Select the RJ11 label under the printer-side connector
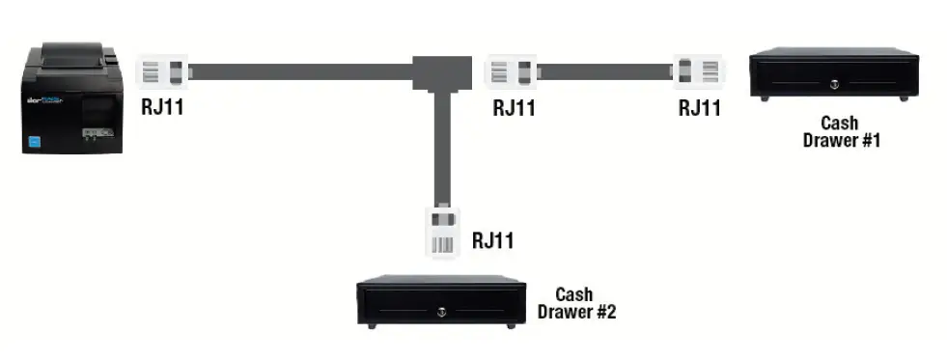(161, 107)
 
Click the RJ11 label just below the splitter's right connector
(514, 107)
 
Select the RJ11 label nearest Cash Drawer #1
(699, 107)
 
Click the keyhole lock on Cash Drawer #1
(833, 84)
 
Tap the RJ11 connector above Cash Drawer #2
(442, 231)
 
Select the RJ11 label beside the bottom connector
(492, 240)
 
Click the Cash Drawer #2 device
(441, 302)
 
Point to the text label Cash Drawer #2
(576, 302)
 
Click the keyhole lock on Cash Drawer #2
(441, 311)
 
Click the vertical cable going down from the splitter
(441, 145)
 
